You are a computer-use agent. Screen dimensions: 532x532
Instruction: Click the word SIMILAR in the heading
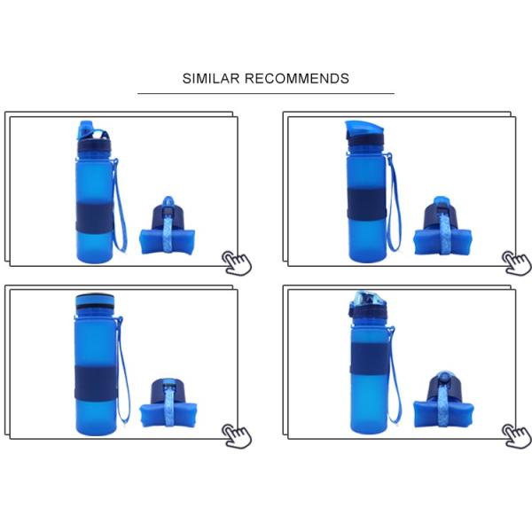pyautogui.click(x=211, y=78)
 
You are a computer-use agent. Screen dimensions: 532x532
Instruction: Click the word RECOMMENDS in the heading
pyautogui.click(x=296, y=78)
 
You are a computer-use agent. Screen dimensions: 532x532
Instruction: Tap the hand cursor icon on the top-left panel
pyautogui.click(x=237, y=262)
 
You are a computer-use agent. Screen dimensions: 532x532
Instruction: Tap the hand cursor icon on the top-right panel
pyautogui.click(x=517, y=262)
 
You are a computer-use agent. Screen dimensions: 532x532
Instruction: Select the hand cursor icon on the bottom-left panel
pyautogui.click(x=237, y=435)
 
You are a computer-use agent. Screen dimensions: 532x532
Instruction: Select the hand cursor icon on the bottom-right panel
pyautogui.click(x=517, y=435)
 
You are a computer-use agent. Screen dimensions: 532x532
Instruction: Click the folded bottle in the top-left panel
pyautogui.click(x=168, y=225)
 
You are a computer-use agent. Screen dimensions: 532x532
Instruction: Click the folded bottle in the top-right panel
pyautogui.click(x=442, y=226)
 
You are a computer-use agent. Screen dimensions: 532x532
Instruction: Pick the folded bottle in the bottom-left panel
pyautogui.click(x=168, y=403)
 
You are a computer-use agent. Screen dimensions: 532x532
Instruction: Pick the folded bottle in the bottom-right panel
pyautogui.click(x=444, y=400)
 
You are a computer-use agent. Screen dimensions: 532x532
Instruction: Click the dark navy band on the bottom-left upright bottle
pyautogui.click(x=95, y=383)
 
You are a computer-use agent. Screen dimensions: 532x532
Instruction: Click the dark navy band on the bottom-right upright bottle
pyautogui.click(x=370, y=357)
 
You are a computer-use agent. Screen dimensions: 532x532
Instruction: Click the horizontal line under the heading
pyautogui.click(x=266, y=93)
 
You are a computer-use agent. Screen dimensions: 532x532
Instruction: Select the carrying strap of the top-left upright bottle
pyautogui.click(x=120, y=206)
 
